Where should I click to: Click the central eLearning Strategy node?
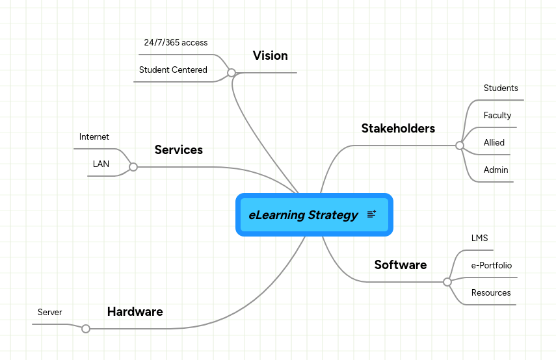point(303,215)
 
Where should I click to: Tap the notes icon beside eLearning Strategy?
point(371,214)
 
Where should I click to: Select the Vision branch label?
point(270,56)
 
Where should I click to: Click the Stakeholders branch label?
point(398,129)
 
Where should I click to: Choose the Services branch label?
point(178,150)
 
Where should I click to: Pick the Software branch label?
point(400,265)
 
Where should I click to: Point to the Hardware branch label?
point(135,312)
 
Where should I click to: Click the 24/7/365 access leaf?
point(176,43)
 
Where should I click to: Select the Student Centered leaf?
point(173,70)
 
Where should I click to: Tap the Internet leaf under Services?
point(94,137)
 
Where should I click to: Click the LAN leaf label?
point(101,164)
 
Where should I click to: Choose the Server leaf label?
point(50,313)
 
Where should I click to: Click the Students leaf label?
point(501,88)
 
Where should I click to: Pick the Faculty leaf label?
point(497,116)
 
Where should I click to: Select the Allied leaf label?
point(494,143)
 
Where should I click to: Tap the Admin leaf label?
point(496,170)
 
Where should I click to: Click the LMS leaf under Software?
point(479,238)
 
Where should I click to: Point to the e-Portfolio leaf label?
point(491,266)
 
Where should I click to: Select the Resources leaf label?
point(491,293)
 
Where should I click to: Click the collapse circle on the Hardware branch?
point(86,329)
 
